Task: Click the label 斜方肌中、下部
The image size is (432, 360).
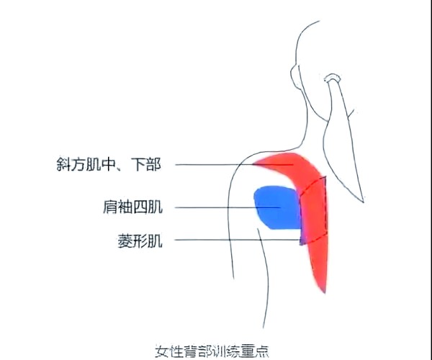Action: tap(109, 164)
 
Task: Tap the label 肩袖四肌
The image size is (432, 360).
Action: tap(132, 207)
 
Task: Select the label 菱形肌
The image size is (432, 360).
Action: tap(140, 241)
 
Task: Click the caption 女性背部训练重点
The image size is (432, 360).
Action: tap(212, 351)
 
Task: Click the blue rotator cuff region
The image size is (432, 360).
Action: tap(277, 207)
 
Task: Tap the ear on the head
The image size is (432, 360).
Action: tap(295, 77)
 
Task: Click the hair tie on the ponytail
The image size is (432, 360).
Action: tap(332, 78)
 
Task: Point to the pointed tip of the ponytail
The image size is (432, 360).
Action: tap(364, 202)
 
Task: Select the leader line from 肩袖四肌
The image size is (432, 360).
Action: tap(228, 207)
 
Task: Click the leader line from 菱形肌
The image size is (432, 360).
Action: tap(238, 240)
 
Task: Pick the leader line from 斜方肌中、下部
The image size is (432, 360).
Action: tap(234, 165)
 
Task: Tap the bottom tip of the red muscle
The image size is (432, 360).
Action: tap(325, 293)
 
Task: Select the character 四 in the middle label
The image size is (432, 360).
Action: tap(140, 207)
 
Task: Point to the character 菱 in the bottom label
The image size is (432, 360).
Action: tap(125, 241)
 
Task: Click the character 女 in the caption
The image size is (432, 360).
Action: tap(162, 351)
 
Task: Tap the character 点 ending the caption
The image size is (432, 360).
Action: tap(262, 351)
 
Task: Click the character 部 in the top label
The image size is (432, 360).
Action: tap(154, 164)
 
